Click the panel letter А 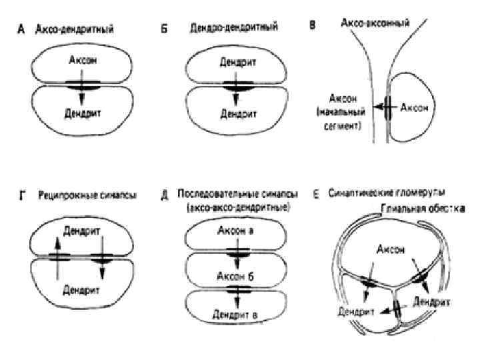coord(21,31)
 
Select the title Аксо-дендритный coord(74,30)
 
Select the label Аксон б coord(235,276)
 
